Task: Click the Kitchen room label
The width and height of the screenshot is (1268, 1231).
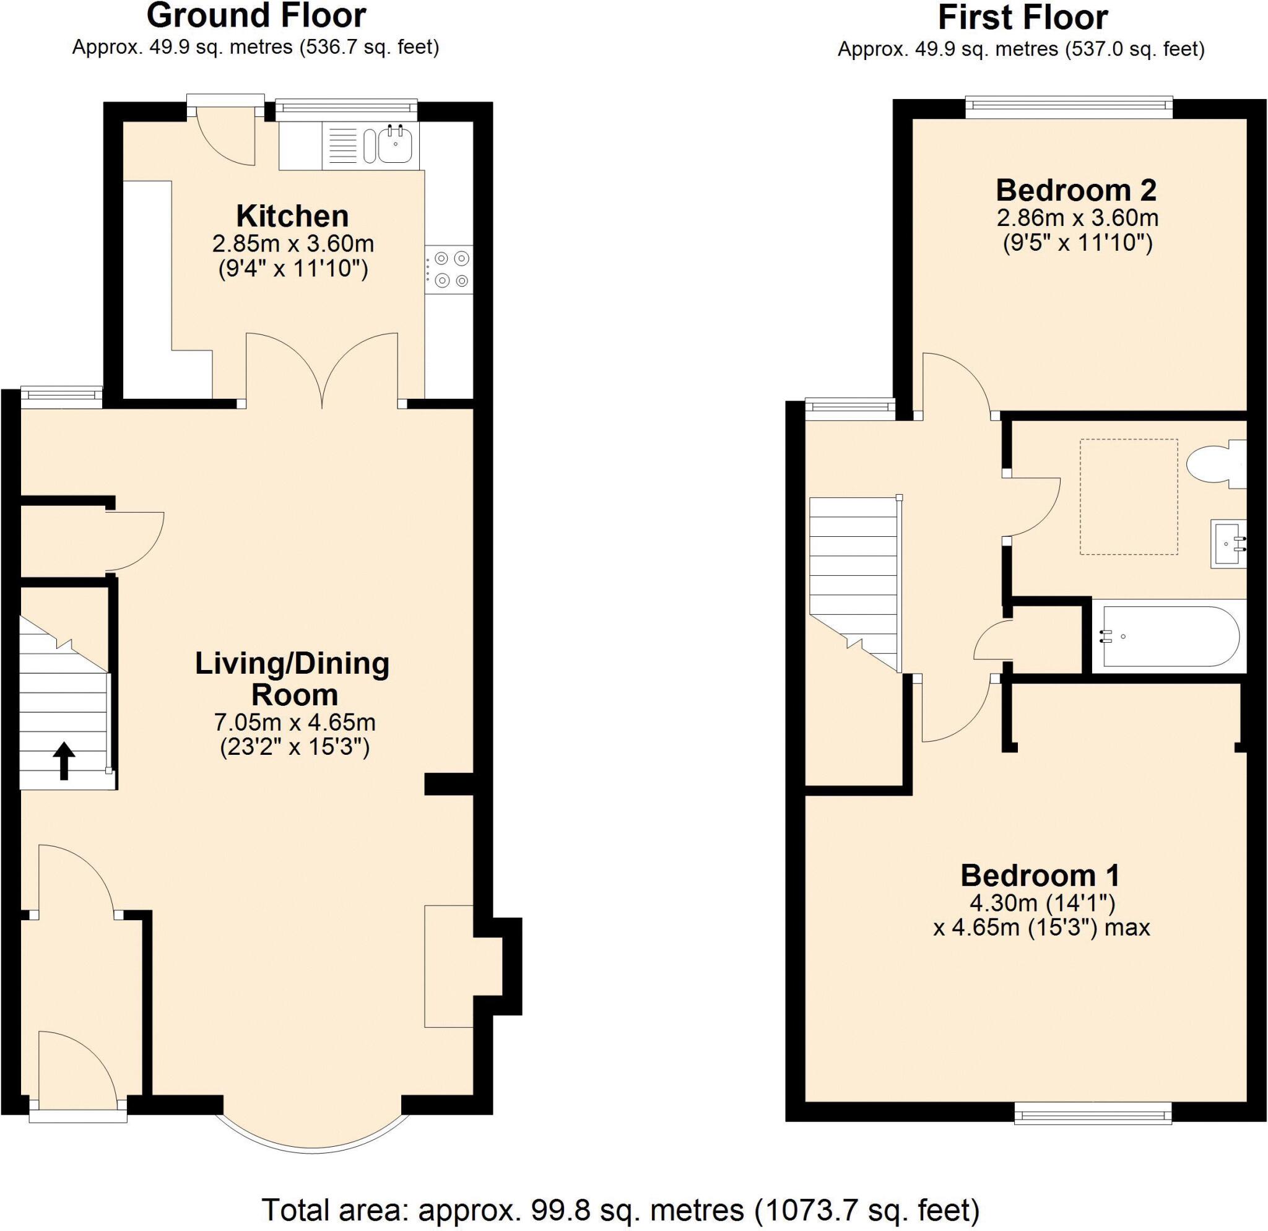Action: tap(292, 216)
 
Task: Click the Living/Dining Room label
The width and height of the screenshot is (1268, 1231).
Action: tap(293, 679)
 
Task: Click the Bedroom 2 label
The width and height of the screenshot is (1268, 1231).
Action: tap(1077, 190)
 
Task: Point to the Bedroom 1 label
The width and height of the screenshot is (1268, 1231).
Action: tap(1040, 875)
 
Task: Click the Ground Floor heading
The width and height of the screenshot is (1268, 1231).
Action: tap(256, 16)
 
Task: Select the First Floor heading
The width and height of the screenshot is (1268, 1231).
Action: tap(1023, 17)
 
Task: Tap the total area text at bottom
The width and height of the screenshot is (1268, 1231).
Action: tap(620, 1208)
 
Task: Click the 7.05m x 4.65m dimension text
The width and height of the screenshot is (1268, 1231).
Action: tap(294, 722)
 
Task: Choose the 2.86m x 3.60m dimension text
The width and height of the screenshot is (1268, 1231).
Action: tap(1077, 218)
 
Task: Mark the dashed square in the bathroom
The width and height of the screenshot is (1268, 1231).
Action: tap(1128, 496)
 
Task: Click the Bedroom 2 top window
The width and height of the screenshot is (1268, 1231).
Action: tap(1069, 107)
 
